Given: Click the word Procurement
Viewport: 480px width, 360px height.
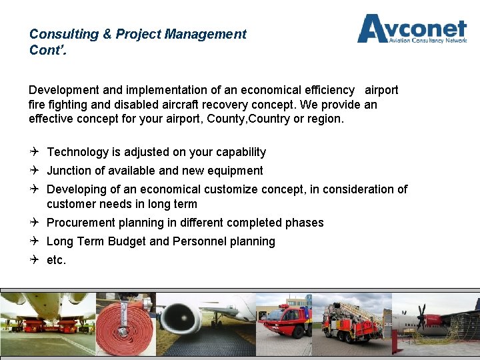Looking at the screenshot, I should click(81, 223).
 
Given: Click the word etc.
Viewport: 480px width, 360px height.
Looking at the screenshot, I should click(56, 260).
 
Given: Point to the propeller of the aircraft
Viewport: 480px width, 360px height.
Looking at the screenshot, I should click(421, 313).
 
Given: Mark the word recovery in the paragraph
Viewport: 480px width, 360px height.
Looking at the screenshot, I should click(243, 105).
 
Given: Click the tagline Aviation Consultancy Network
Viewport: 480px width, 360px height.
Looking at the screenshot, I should click(427, 40).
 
